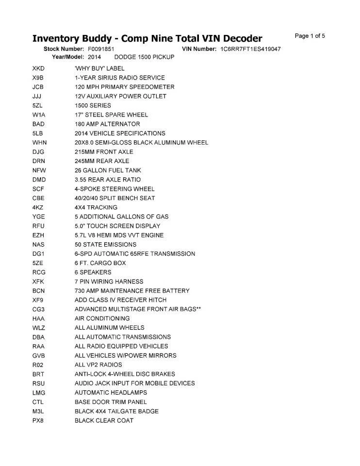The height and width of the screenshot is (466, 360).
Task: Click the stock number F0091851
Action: click(x=101, y=49)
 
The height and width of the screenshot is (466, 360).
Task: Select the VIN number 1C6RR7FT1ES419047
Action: click(x=250, y=49)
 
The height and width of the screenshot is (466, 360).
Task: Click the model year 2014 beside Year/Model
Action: click(x=94, y=57)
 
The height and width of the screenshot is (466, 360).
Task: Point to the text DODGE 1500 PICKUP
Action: click(x=144, y=57)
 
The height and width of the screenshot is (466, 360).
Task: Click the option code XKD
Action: click(x=38, y=68)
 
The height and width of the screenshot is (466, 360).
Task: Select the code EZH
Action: click(x=38, y=235)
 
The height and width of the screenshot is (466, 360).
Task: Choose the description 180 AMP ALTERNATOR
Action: click(x=107, y=124)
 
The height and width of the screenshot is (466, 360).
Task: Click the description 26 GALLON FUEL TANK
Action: click(x=109, y=170)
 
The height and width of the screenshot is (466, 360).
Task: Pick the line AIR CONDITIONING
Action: click(x=102, y=318)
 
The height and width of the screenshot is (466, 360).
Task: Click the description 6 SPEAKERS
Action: click(x=93, y=272)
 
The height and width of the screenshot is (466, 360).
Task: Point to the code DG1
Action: click(x=38, y=254)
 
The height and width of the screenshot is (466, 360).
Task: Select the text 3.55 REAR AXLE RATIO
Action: click(x=108, y=180)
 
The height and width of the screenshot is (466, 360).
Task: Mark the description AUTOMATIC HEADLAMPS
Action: click(x=111, y=393)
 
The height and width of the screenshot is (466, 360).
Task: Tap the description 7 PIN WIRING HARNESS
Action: click(x=109, y=282)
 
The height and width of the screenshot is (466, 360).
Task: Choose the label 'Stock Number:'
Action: click(x=64, y=49)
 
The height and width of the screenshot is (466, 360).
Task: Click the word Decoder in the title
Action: click(x=236, y=38)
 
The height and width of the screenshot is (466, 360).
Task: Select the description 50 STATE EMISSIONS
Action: click(x=105, y=245)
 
